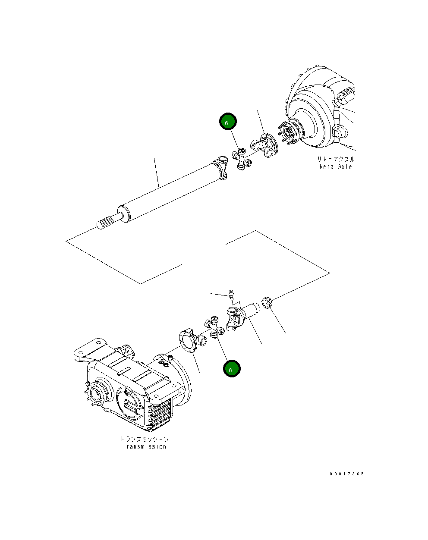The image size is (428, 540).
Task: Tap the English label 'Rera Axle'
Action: (x=336, y=167)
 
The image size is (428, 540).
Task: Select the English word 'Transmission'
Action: (x=144, y=447)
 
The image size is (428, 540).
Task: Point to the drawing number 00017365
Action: (x=347, y=474)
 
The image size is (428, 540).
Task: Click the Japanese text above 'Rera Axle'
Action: (x=336, y=159)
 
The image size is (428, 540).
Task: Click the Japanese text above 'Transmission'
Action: (x=144, y=439)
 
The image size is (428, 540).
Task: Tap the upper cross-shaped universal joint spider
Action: (x=242, y=159)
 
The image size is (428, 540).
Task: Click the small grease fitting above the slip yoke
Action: (x=231, y=295)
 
